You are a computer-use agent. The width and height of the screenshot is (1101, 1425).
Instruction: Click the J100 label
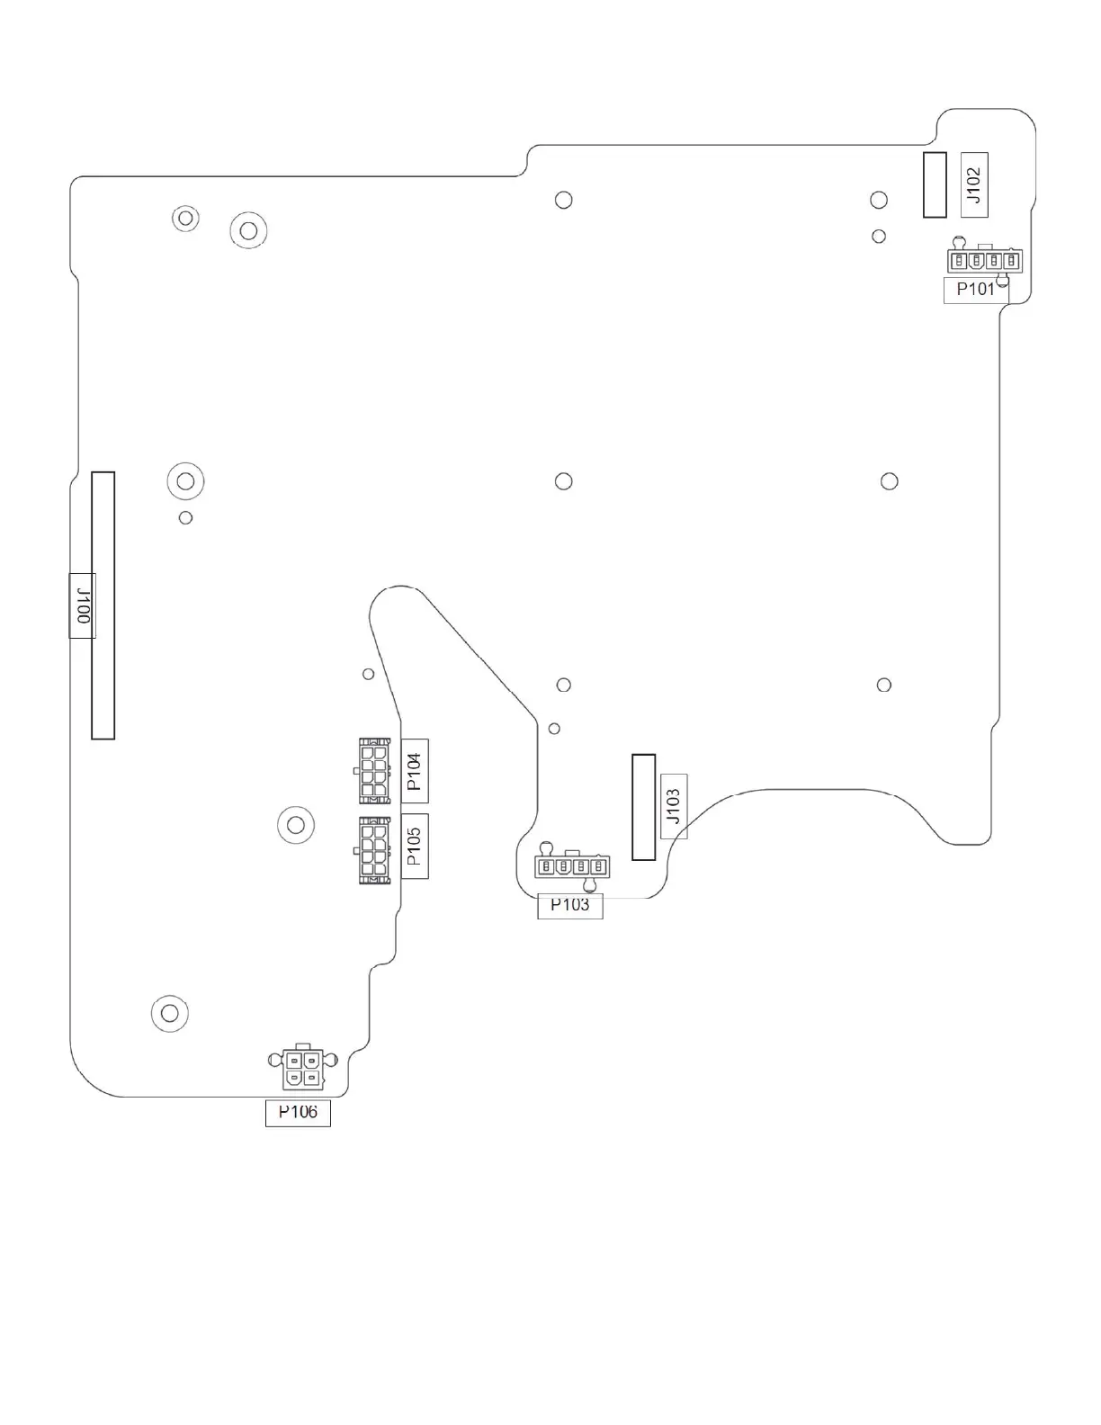[x=82, y=605]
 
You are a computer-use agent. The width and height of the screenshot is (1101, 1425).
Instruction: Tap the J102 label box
[x=974, y=185]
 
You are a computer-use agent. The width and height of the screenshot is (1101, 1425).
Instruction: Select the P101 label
[x=975, y=290]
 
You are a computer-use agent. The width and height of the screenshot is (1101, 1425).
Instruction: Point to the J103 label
[x=674, y=806]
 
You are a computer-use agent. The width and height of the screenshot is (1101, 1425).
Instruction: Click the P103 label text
[x=569, y=905]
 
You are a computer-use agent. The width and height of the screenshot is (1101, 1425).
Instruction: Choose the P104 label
[x=415, y=771]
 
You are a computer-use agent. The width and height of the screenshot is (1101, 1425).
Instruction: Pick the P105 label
[x=415, y=846]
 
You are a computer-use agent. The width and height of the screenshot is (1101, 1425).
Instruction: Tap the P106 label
[x=298, y=1113]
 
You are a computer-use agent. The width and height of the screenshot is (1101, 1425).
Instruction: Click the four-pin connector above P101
[x=984, y=261]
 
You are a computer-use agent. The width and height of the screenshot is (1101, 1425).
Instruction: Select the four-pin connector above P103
[x=572, y=867]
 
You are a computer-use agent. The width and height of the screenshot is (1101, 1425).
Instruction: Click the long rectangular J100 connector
[x=103, y=605]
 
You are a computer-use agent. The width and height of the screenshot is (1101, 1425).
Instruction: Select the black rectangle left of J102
[x=935, y=185]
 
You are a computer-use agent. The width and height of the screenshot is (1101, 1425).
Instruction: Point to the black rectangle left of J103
[x=643, y=807]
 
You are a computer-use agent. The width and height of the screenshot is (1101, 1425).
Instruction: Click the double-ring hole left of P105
[x=295, y=823]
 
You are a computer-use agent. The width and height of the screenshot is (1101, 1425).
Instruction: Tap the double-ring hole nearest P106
[x=169, y=1012]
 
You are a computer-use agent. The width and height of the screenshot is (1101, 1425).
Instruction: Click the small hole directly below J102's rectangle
[x=879, y=237]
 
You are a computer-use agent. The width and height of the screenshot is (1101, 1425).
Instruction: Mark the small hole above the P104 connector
[x=368, y=674]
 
